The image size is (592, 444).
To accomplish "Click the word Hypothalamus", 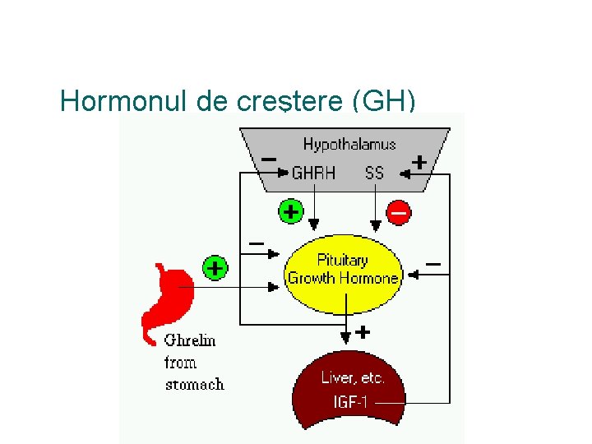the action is coord(349,145).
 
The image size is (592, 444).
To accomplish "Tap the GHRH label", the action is coord(313,173).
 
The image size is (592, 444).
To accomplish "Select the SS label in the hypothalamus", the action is coord(374,173).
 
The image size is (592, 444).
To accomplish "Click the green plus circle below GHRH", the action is coord(289,212).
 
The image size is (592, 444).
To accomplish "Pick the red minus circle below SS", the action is coord(398,212).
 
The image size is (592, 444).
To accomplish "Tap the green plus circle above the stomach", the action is coord(215,268).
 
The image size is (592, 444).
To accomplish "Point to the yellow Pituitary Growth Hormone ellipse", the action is coord(343,269).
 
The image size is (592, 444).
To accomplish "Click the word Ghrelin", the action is coord(190,340).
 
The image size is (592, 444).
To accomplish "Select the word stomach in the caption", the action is coord(194,384).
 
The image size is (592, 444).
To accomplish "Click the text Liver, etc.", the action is coord(353,379).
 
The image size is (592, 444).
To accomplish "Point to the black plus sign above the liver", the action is coord(362,333).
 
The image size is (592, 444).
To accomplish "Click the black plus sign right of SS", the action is coord(419,162).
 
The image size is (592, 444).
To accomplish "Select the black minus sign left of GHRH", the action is coord(268,159).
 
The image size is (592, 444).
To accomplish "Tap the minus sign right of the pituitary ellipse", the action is coord(432,264).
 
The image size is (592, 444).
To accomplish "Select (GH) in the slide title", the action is coord(383,101).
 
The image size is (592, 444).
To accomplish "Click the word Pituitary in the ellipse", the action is coord(342,261).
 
